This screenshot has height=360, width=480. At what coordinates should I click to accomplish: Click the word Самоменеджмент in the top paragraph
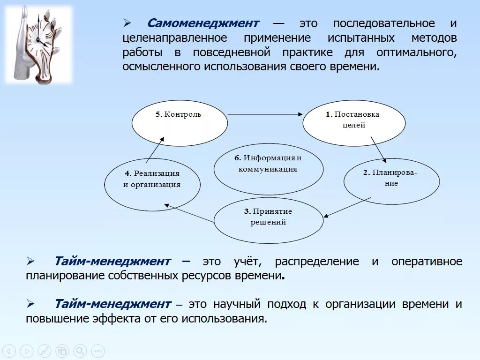(203, 23)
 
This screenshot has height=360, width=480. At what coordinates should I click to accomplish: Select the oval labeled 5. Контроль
(180, 123)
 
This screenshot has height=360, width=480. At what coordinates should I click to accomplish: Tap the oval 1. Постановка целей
(354, 123)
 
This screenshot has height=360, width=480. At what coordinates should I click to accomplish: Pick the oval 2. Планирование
(391, 181)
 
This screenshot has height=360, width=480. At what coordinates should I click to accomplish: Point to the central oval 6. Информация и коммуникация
(268, 168)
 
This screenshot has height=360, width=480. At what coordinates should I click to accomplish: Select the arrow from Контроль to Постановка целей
(265, 114)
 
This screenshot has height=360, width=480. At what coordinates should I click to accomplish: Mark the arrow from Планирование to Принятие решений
(347, 207)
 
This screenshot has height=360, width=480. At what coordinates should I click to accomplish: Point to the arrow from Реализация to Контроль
(155, 149)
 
